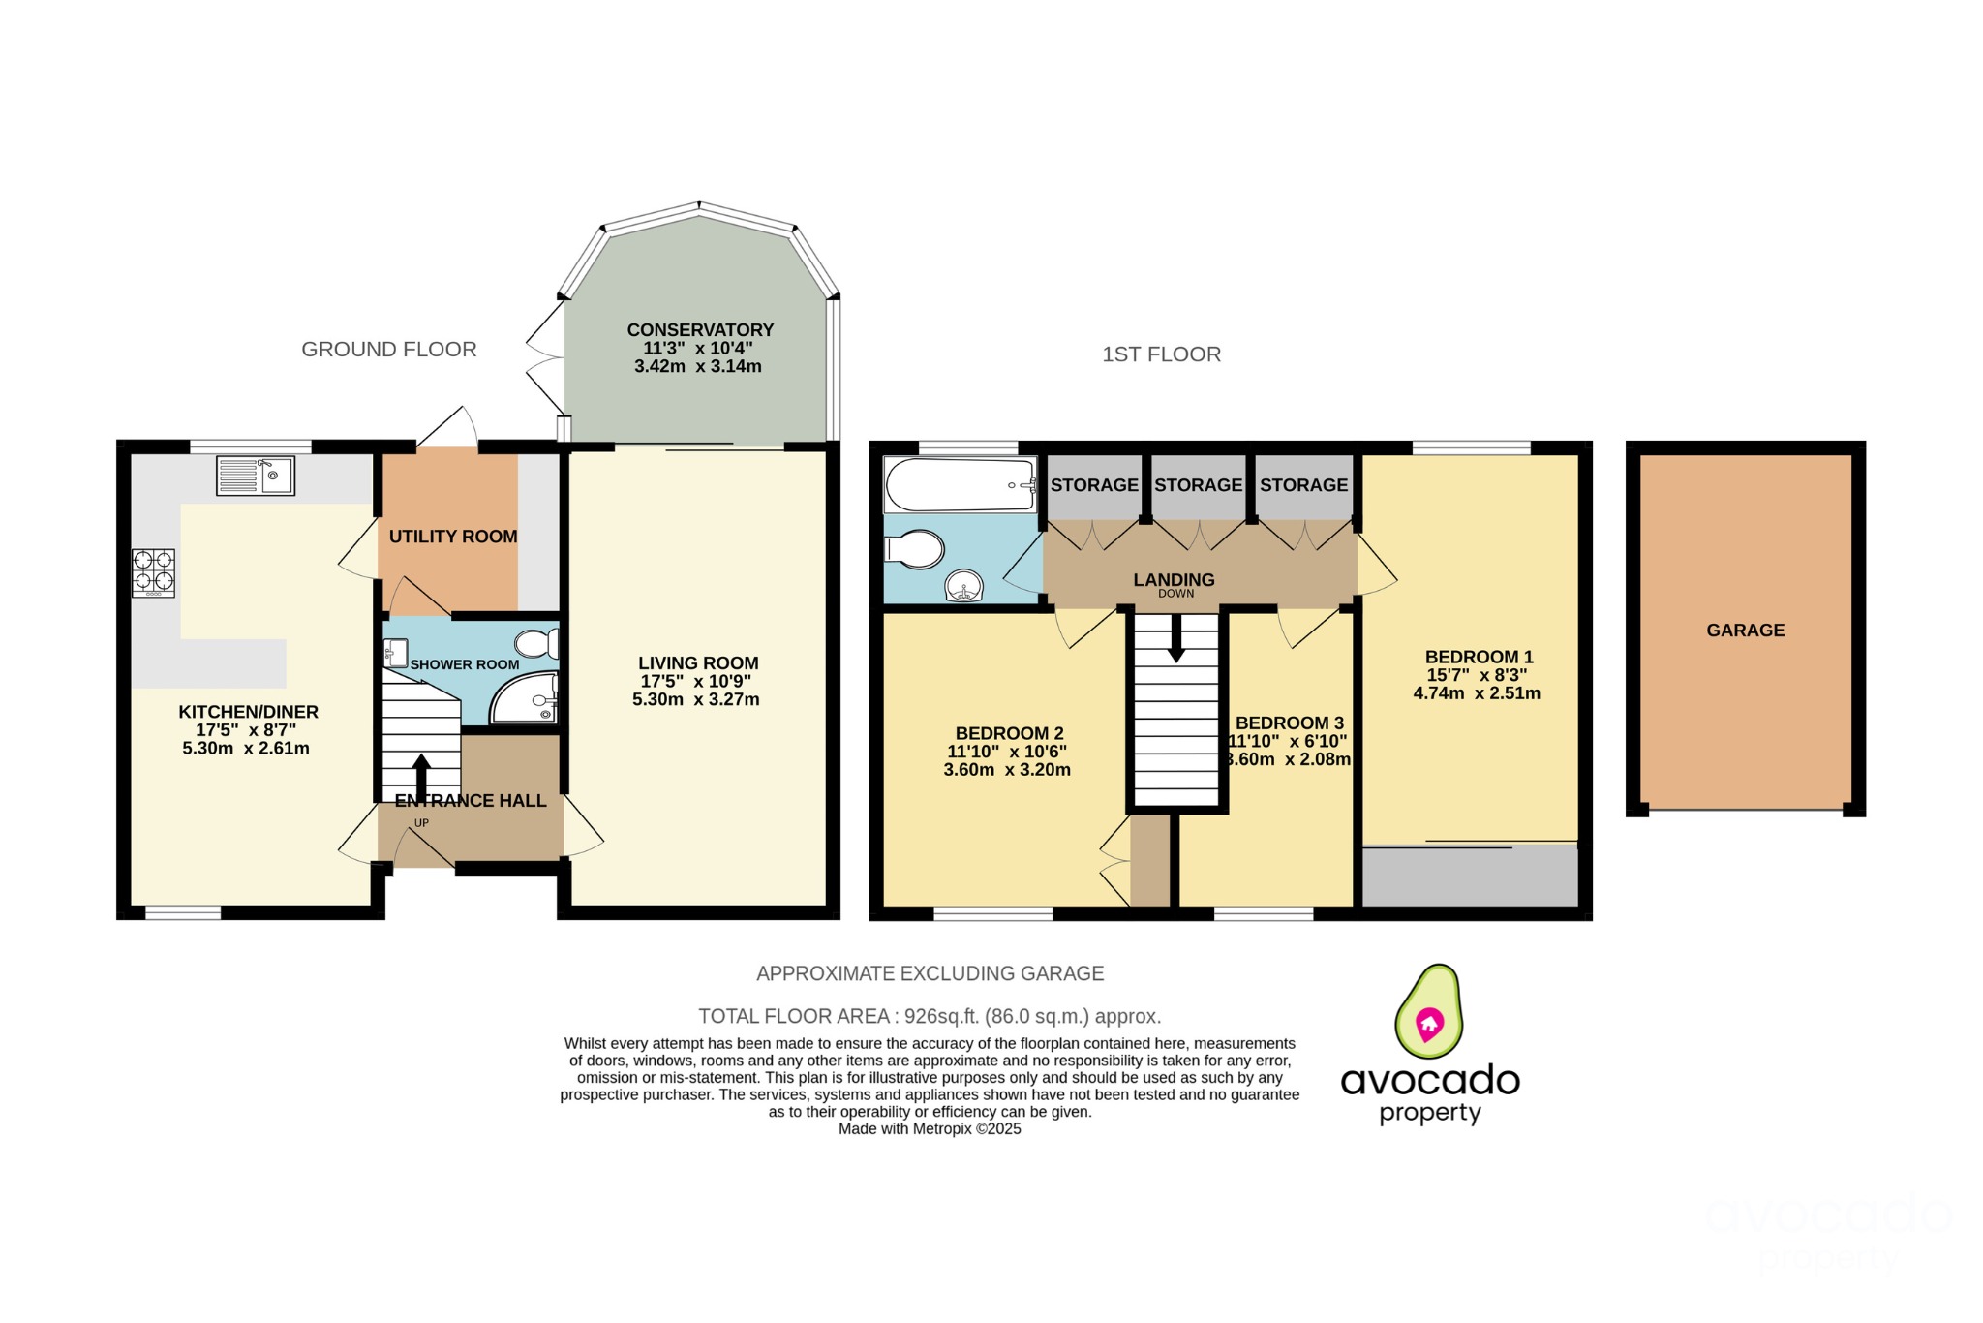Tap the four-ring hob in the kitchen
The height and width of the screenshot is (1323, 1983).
click(x=154, y=571)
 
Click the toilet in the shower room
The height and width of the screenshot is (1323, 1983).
click(x=537, y=644)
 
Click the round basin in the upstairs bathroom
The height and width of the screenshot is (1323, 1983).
click(x=964, y=586)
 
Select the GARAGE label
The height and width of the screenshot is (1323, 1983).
click(x=1745, y=631)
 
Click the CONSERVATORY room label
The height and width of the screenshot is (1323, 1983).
click(x=700, y=330)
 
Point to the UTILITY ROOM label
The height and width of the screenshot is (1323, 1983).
click(x=453, y=537)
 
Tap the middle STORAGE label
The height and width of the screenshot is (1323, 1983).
click(x=1198, y=485)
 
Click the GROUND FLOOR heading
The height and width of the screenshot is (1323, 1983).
click(x=389, y=350)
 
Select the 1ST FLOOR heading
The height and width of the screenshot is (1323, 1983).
click(x=1161, y=354)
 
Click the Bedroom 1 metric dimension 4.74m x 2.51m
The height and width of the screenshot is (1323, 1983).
click(x=1477, y=693)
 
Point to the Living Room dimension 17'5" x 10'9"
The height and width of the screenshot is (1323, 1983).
click(x=696, y=682)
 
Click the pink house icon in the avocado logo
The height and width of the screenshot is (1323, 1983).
click(x=1429, y=1023)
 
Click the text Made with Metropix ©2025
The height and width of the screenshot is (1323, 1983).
click(x=930, y=1129)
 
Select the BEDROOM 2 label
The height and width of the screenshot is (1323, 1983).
click(x=1009, y=734)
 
